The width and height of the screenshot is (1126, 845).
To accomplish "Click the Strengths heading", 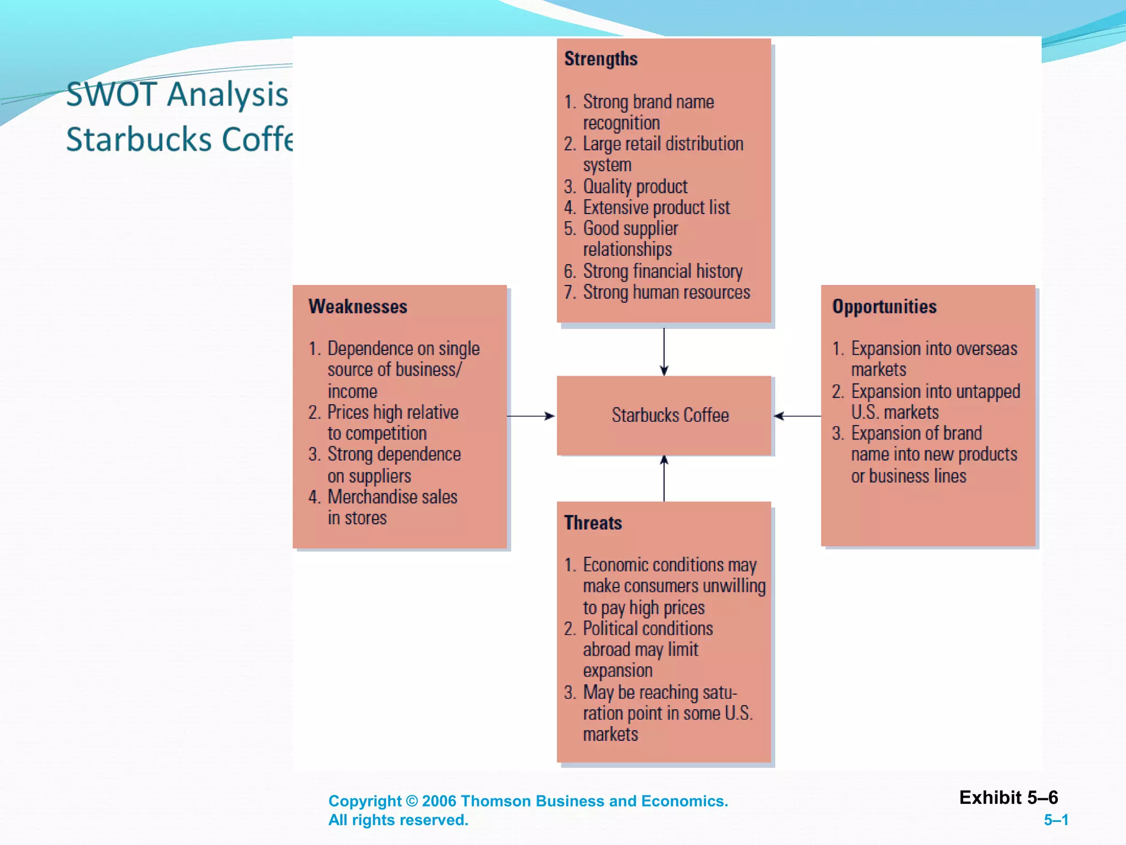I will pyautogui.click(x=600, y=59).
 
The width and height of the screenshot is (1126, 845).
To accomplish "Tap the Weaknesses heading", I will pyautogui.click(x=357, y=306).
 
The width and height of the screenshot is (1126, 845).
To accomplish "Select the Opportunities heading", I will pyautogui.click(x=884, y=306).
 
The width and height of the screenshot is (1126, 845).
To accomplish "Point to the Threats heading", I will pyautogui.click(x=593, y=523).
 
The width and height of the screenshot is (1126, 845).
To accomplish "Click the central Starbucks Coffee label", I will pyautogui.click(x=670, y=415).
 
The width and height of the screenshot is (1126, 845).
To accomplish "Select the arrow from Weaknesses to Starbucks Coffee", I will pyautogui.click(x=531, y=416).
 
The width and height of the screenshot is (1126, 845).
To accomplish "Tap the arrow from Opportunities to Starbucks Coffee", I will pyautogui.click(x=797, y=416).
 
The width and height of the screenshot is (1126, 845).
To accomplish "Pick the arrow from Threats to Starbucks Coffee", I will pyautogui.click(x=664, y=479).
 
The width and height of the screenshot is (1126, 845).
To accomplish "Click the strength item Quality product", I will pyautogui.click(x=634, y=186).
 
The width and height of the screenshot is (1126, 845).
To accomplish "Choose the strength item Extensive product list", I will pyautogui.click(x=656, y=207).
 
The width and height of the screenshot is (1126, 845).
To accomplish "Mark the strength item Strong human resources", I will pyautogui.click(x=666, y=292).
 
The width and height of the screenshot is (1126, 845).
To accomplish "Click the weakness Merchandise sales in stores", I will pyautogui.click(x=391, y=507).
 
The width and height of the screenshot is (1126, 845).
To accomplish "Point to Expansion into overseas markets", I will pyautogui.click(x=933, y=359).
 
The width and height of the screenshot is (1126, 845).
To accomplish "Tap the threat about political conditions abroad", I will pyautogui.click(x=647, y=649).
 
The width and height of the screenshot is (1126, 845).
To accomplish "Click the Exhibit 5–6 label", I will pyautogui.click(x=1008, y=797).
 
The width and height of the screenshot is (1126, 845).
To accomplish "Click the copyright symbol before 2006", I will pyautogui.click(x=412, y=801).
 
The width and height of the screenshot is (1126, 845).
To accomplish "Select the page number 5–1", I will pyautogui.click(x=1056, y=820).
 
